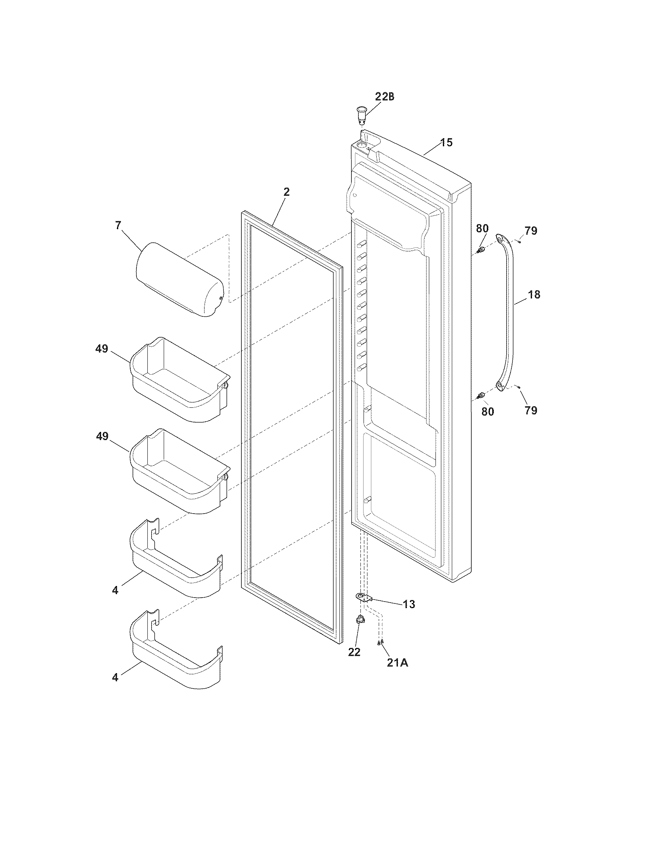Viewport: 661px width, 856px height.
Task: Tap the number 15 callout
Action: point(446,142)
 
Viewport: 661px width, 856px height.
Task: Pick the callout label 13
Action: point(409,604)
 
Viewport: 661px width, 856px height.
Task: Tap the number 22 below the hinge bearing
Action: point(354,652)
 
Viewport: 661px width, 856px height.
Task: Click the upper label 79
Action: point(531,231)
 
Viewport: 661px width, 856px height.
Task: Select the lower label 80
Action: point(488,412)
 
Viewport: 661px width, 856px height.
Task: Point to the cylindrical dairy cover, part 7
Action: point(179,279)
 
